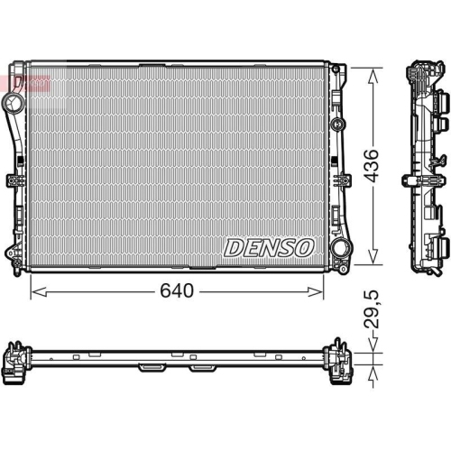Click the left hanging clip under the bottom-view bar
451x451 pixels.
coord(150,368)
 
